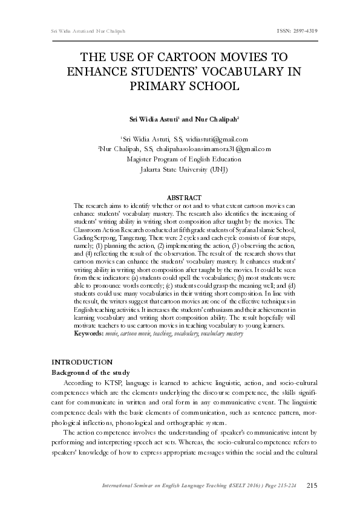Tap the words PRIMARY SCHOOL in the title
185,86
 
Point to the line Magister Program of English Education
184,159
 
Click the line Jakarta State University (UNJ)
184,169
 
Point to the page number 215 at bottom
312,485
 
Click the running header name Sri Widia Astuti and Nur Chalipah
76,30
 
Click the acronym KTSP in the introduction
110,383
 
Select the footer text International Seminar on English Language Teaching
169,486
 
